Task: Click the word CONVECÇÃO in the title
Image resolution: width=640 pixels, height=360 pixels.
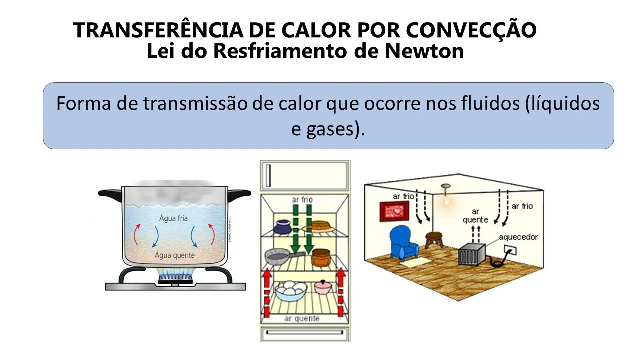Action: (471, 31)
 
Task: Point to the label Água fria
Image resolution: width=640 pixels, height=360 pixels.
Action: (174, 218)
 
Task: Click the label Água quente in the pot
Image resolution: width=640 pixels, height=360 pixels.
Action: (175, 255)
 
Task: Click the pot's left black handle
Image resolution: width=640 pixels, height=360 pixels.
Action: (110, 193)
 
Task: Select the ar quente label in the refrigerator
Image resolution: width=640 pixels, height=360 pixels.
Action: (302, 318)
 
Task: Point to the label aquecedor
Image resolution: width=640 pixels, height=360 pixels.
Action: (518, 237)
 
